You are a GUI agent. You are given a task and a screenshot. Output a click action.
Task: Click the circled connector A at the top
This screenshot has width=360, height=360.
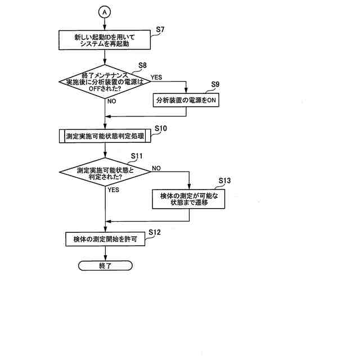click(105, 11)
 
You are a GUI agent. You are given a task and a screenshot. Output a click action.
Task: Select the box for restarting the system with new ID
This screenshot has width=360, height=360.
click(105, 40)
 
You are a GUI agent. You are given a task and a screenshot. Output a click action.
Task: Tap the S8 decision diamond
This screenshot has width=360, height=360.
click(105, 82)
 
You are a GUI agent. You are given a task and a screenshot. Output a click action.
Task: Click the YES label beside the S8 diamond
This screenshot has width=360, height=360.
click(157, 76)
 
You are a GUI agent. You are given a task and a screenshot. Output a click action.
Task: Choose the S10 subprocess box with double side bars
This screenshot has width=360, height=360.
click(105, 136)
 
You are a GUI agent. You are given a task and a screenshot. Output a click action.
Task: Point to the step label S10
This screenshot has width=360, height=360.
click(160, 129)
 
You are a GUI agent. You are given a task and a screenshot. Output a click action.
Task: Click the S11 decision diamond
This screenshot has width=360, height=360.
click(105, 173)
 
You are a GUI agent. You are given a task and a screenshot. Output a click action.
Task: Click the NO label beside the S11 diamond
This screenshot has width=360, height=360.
click(156, 168)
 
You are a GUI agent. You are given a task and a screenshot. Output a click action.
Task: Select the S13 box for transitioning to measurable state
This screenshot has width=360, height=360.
click(189, 198)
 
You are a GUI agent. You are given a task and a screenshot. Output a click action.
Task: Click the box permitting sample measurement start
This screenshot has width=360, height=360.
click(105, 238)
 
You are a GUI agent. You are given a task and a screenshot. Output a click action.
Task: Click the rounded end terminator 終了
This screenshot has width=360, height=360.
click(105, 264)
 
